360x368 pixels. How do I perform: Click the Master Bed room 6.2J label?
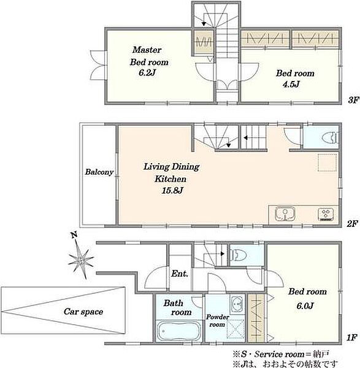(149, 61)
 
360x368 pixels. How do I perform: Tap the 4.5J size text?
(291, 84)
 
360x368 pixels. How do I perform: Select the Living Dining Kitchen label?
(171, 178)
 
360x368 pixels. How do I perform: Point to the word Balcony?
(99, 172)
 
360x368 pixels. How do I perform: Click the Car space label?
(83, 312)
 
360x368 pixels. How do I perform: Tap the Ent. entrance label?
(180, 274)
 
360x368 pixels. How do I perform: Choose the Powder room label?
(217, 321)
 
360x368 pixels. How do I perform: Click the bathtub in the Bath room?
(179, 331)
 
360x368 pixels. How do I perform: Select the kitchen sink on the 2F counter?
(285, 214)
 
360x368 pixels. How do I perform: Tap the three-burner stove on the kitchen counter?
(326, 214)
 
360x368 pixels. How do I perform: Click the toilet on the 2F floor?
(330, 138)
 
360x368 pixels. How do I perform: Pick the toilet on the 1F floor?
(238, 255)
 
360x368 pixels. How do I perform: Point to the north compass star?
(81, 259)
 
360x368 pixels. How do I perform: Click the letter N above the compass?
(74, 235)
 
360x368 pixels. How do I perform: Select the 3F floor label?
(353, 100)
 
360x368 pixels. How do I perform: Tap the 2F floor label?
(352, 224)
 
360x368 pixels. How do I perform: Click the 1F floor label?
(352, 338)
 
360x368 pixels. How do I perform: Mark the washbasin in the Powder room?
(237, 305)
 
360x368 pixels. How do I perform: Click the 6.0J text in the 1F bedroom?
(305, 305)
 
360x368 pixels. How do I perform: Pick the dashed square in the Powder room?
(236, 329)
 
